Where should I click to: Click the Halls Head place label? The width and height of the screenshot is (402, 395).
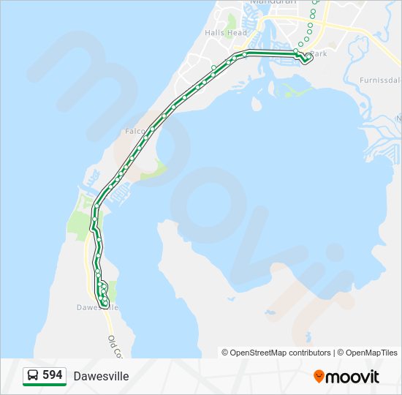click(226, 33)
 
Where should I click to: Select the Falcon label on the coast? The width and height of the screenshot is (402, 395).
click(136, 131)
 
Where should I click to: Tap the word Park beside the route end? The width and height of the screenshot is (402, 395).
click(319, 54)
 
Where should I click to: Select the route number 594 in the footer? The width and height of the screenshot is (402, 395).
click(53, 375)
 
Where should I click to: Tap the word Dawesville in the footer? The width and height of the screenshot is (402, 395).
click(101, 376)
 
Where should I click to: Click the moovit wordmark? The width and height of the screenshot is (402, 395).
click(352, 377)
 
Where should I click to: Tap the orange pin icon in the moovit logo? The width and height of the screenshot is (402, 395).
click(319, 376)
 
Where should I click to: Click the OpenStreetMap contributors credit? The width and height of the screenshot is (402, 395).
click(276, 353)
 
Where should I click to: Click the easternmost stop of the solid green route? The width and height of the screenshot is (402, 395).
click(310, 58)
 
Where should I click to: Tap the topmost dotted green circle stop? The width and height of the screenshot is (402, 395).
click(316, 2)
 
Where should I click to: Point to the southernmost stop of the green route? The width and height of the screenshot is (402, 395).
click(105, 304)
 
